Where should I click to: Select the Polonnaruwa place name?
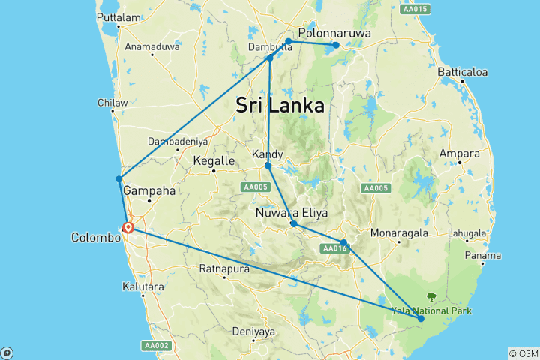tap(331, 33)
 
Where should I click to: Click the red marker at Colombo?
tap(128, 227)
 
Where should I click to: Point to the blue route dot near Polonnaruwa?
tap(336, 46)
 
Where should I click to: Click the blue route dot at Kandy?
tap(268, 166)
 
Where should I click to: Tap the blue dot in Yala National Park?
tap(421, 319)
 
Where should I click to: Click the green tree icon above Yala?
tap(431, 296)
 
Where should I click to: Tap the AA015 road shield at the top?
tap(415, 9)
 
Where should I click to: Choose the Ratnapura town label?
tap(223, 268)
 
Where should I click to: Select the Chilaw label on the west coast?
tap(111, 103)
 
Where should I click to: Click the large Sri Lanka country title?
tap(280, 105)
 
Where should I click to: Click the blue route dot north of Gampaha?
tap(118, 178)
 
